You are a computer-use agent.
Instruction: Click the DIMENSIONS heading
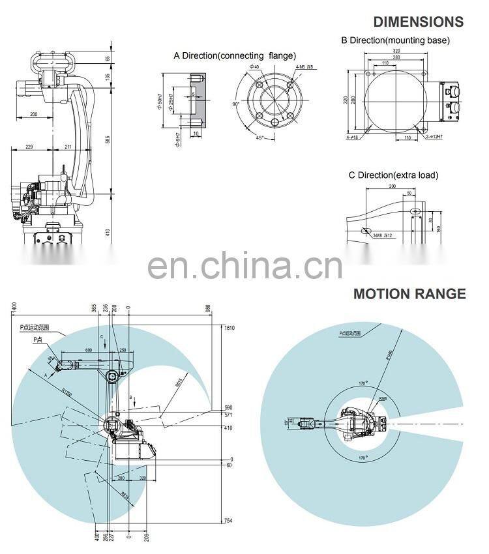point(418,22)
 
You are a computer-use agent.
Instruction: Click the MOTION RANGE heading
point(409,294)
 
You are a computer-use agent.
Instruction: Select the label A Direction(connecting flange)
point(234,55)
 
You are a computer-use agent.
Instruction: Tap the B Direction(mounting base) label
point(396,40)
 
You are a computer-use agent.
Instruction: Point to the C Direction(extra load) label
point(393,175)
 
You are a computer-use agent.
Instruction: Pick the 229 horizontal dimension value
point(29,147)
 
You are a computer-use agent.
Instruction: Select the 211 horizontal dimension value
point(68,147)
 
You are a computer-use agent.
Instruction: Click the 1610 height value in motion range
point(228,328)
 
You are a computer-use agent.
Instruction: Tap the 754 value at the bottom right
point(228,520)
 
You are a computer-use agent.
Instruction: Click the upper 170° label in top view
point(362,384)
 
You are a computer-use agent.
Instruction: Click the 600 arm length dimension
point(88,351)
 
